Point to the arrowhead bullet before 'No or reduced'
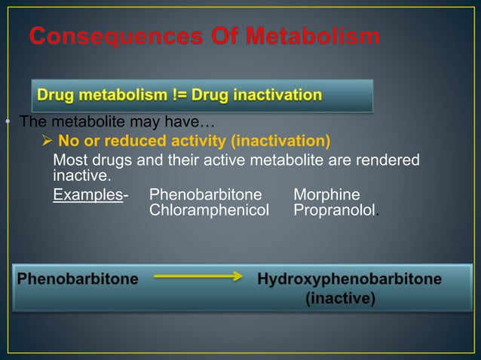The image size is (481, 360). pos(47,141)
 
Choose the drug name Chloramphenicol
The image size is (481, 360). pos(209,210)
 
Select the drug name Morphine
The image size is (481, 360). pos(326,195)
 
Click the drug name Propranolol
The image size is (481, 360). pos(334,210)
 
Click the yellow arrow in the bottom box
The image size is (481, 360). pos(198,278)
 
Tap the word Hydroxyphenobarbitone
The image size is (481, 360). pos(350,279)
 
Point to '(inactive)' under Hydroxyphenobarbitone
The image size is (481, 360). pos(340,299)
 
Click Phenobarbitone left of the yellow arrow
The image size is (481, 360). pos(78,279)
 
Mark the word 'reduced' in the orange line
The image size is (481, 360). pos(133,141)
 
